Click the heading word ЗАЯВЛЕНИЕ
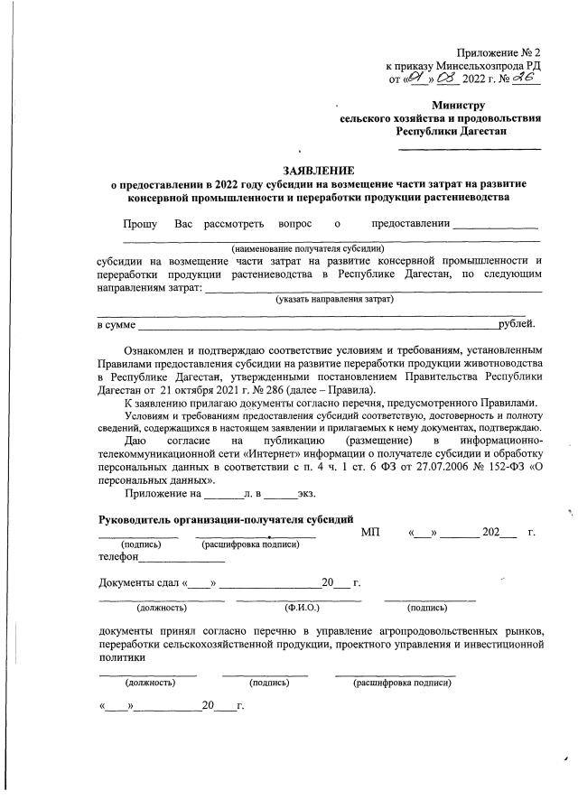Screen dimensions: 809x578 [x=319, y=170]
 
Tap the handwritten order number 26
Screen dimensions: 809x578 [x=524, y=79]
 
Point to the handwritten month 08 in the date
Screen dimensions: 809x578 [x=447, y=79]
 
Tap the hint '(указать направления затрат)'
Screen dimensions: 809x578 [x=335, y=298]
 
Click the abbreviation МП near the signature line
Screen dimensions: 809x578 [x=370, y=533]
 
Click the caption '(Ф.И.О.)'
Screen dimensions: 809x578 [x=299, y=609]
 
